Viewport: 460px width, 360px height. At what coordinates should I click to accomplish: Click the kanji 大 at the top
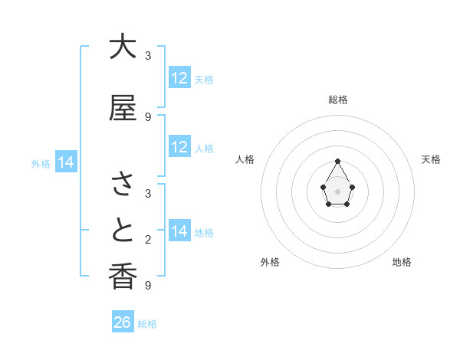coord(123,47)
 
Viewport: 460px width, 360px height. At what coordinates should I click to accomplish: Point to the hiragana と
coord(123,231)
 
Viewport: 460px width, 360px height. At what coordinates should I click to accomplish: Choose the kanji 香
coord(123,277)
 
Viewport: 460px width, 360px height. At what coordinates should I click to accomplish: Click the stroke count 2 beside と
coord(148,240)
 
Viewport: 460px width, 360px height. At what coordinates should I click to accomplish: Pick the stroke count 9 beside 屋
coord(148,117)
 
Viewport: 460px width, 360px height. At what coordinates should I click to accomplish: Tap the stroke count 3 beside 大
coord(148,56)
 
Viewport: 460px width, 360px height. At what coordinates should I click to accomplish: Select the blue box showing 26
coord(123,322)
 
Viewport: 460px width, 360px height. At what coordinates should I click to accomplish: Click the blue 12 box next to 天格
coord(179,78)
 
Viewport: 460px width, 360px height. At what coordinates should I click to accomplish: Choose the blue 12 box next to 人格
coord(179,147)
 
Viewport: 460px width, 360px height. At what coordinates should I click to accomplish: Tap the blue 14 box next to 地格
coord(179,231)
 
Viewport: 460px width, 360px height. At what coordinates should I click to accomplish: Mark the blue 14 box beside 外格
coord(66,162)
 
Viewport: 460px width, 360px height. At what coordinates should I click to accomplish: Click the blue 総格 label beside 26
coord(148,324)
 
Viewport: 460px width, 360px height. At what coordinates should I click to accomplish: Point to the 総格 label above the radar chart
coord(338,100)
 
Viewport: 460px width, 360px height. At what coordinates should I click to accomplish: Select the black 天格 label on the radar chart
coord(432,159)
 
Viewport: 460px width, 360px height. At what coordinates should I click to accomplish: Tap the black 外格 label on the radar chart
coord(270,262)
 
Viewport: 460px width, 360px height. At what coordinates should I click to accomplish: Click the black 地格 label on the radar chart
coord(402,262)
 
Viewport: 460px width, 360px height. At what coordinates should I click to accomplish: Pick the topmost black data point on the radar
coord(338,161)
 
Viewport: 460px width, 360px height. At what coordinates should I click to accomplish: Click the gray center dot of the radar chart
coord(338,190)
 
